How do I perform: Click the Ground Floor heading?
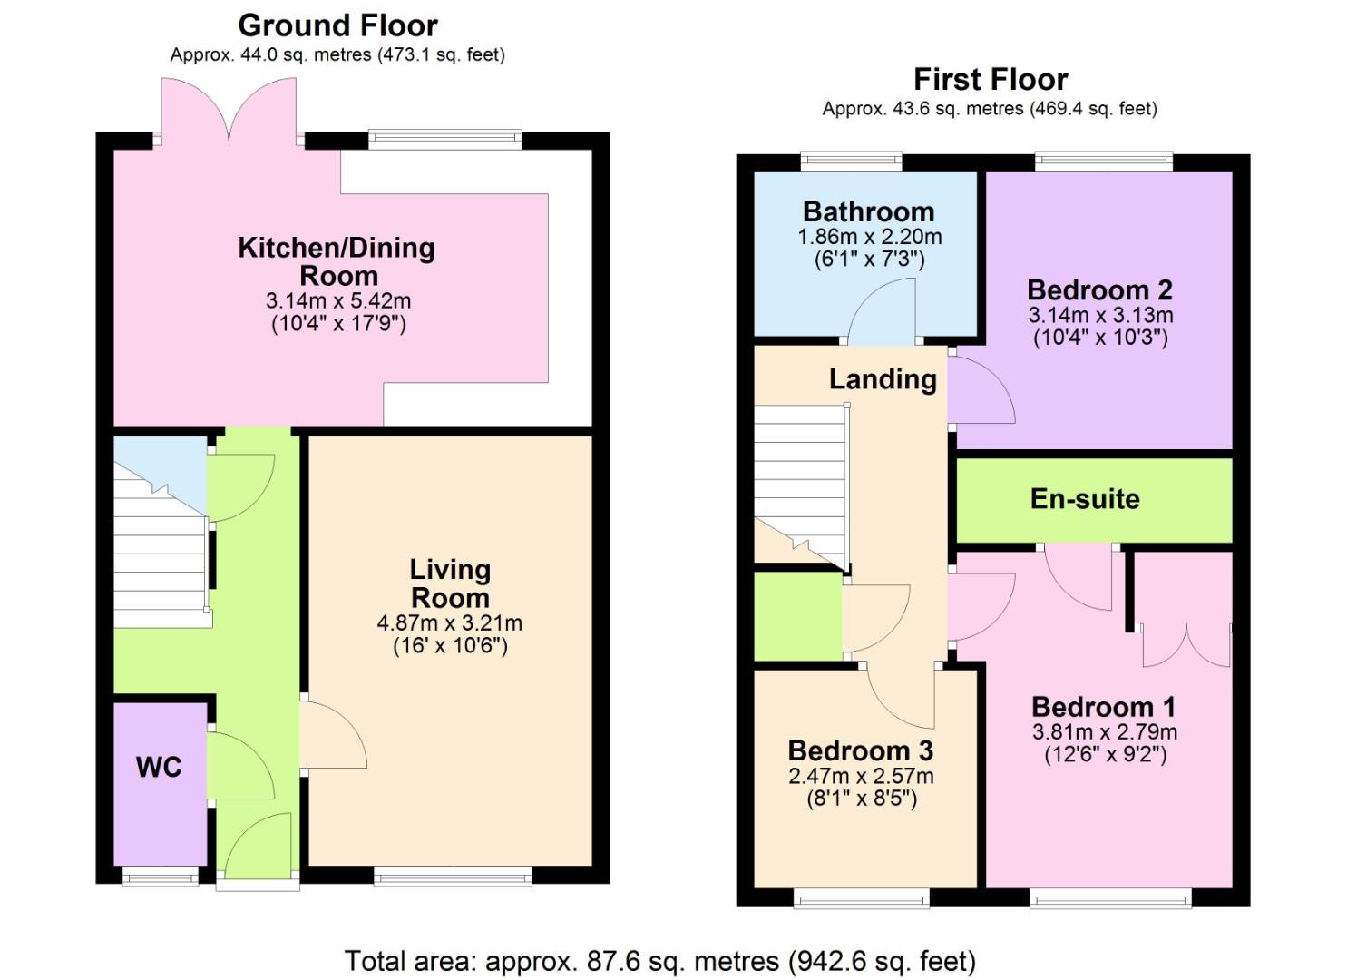click(x=338, y=26)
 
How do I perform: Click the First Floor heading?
click(x=991, y=80)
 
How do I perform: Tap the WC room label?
click(x=160, y=767)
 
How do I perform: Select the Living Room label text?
click(x=450, y=583)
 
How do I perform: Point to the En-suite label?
click(x=1086, y=499)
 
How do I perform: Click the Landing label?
click(x=883, y=379)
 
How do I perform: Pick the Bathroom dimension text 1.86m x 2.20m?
click(x=870, y=237)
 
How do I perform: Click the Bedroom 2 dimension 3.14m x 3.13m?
click(x=1100, y=315)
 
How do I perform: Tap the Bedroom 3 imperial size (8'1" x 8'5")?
click(x=861, y=799)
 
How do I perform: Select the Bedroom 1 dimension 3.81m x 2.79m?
click(x=1105, y=731)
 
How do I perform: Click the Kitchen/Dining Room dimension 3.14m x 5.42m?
click(x=338, y=300)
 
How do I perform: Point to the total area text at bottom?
click(x=659, y=961)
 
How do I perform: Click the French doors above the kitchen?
click(x=229, y=112)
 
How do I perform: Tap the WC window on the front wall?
click(x=161, y=876)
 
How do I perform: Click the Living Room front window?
click(x=453, y=876)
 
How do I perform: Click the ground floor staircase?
click(x=161, y=544)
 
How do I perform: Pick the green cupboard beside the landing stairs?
click(x=798, y=616)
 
